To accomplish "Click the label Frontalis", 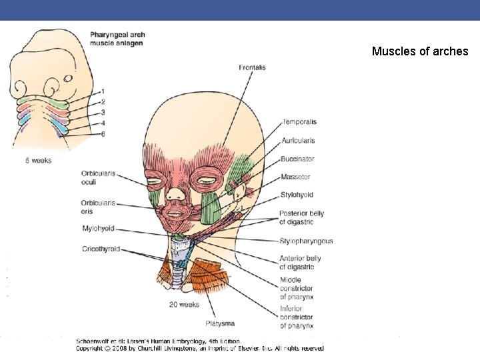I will click(x=252, y=67).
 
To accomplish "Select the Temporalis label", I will click(x=299, y=122).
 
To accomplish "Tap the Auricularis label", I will click(x=297, y=141).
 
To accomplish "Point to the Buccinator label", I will click(x=297, y=159).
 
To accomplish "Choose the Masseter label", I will click(x=295, y=177).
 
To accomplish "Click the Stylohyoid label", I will click(x=296, y=195).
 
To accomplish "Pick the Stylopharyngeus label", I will click(x=305, y=241).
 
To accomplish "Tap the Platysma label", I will click(x=219, y=323).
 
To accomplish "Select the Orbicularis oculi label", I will click(x=98, y=177).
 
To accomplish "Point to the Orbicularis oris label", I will click(x=98, y=207).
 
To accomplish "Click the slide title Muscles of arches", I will click(x=420, y=51).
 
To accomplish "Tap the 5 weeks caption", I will click(x=38, y=160).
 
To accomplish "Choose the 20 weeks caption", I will click(x=184, y=305).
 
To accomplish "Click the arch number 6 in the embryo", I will click(x=103, y=134).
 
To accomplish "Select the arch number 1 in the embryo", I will click(x=103, y=91).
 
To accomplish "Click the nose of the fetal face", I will click(x=175, y=194).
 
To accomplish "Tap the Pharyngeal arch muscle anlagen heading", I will click(x=117, y=39).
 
